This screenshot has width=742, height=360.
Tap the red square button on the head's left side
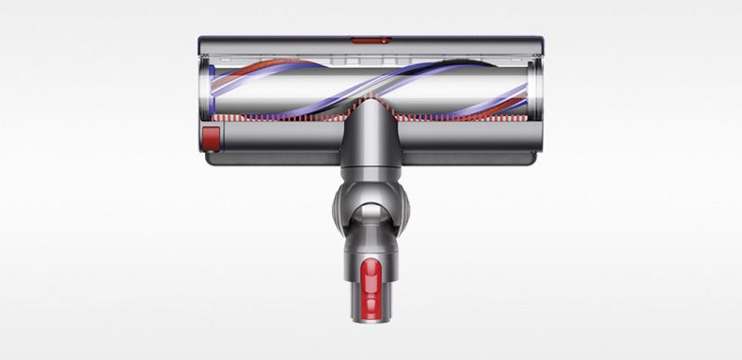pos(211,138)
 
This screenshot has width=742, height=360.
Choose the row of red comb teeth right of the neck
pos(464,119)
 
